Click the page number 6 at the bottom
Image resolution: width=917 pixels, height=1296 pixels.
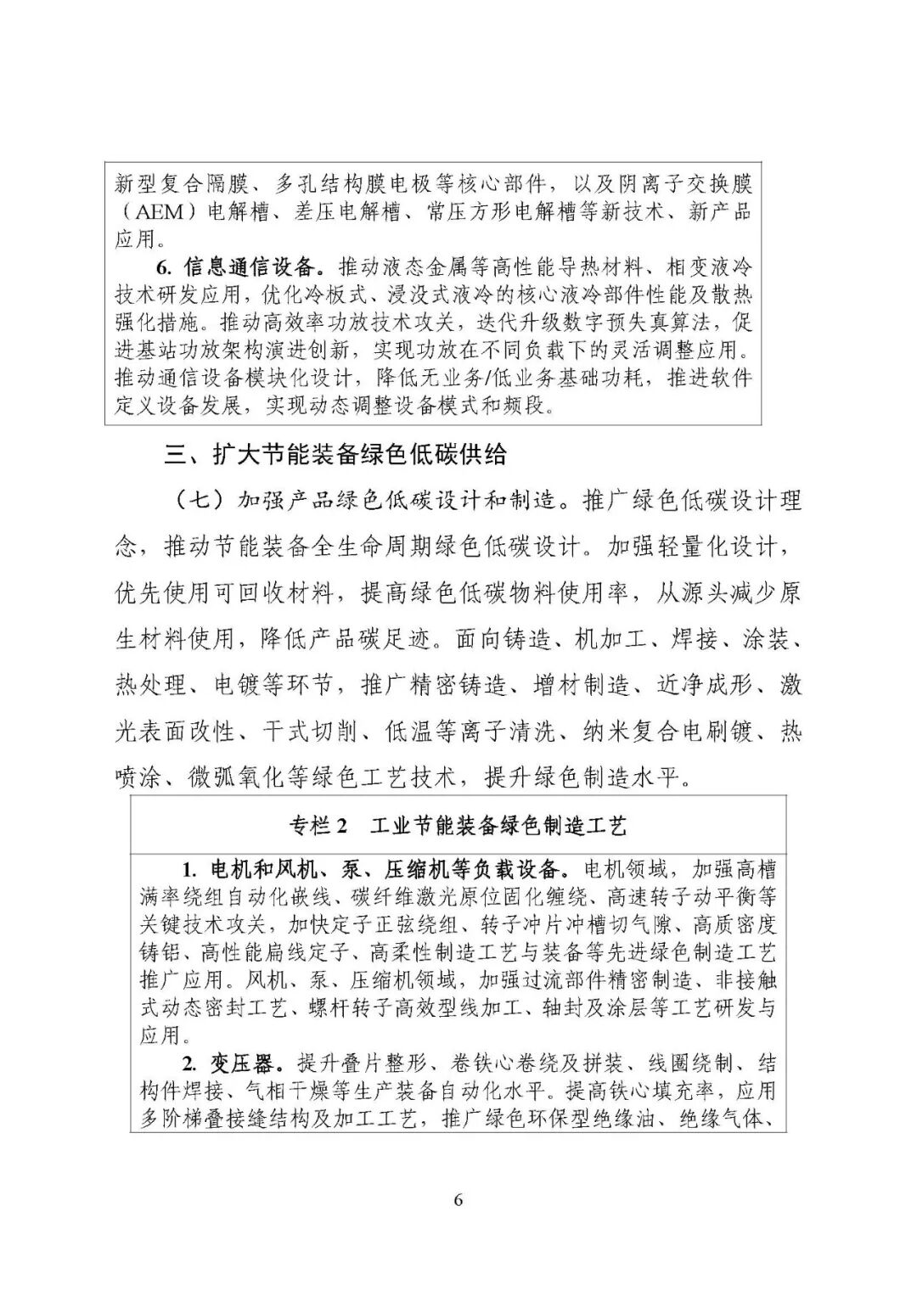[x=458, y=1199]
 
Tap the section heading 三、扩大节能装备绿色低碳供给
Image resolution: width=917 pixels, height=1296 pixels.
[x=335, y=455]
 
